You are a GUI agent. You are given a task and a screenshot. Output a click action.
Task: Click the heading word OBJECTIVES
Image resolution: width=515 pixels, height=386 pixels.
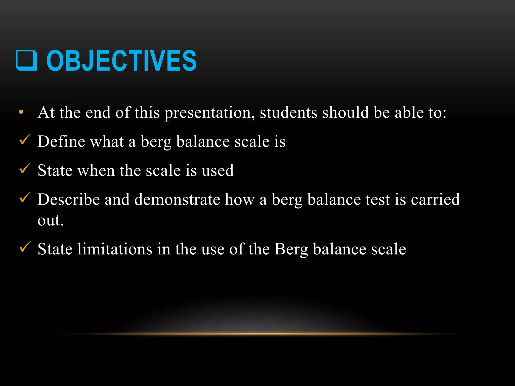[x=121, y=61]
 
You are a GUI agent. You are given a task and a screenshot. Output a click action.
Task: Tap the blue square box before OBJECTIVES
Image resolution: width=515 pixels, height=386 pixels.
[x=26, y=61]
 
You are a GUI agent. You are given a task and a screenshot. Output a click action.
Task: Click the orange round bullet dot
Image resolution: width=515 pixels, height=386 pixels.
[x=21, y=112]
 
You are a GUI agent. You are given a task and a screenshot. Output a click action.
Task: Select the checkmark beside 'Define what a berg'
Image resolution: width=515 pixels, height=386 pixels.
[x=25, y=140]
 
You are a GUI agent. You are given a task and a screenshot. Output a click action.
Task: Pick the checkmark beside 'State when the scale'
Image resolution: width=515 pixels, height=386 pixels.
[x=25, y=169]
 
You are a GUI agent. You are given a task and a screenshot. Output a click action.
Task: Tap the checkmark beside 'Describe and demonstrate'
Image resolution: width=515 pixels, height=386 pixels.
[x=25, y=198]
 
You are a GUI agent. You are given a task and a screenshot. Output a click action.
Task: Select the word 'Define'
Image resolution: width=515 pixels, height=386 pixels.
[x=61, y=141]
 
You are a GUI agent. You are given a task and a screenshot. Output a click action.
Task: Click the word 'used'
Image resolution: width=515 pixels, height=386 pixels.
[x=218, y=170]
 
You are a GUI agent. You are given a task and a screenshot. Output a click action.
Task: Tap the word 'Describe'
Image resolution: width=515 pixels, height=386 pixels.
[x=69, y=199]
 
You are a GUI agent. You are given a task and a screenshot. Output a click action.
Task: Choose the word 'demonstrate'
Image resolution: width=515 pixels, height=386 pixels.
[x=177, y=199]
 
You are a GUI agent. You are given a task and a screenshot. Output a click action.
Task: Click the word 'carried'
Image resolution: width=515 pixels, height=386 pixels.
[x=435, y=199]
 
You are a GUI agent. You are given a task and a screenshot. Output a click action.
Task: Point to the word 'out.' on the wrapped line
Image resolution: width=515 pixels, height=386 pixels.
[x=51, y=221]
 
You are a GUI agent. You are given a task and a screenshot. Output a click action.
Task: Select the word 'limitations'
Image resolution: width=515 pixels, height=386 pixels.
[x=115, y=249]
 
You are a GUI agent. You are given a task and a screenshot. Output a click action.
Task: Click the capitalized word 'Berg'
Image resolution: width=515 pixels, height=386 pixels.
[x=291, y=250]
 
